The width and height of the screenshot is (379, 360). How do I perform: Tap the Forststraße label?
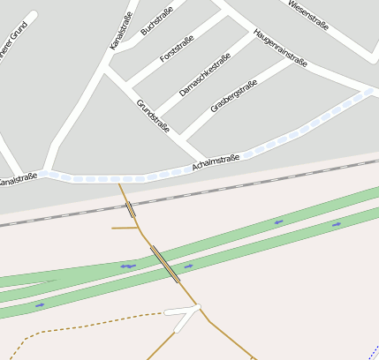pyautogui.click(x=178, y=47)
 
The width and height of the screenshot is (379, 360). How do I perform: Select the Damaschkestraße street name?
pyautogui.click(x=204, y=74)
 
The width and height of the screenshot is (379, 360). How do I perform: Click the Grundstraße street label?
pyautogui.click(x=153, y=116)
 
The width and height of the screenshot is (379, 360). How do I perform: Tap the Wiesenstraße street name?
pyautogui.click(x=308, y=14)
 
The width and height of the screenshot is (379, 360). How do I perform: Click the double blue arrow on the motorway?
pyautogui.click(x=128, y=266)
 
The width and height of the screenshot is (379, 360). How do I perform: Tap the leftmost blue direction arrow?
pyautogui.click(x=40, y=305)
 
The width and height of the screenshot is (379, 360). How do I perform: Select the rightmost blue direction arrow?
pyautogui.click(x=336, y=224)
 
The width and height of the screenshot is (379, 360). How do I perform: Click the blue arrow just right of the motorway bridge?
pyautogui.click(x=188, y=266)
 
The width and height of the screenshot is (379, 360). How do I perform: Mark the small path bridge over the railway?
pyautogui.click(x=131, y=209)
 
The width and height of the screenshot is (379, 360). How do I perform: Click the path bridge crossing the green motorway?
pyautogui.click(x=164, y=263)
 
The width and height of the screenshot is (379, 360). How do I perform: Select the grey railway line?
pyautogui.click(x=265, y=181)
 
